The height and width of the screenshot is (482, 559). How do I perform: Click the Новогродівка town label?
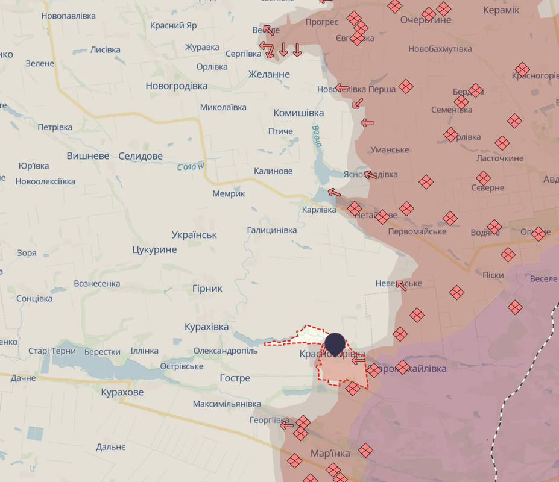[176, 86]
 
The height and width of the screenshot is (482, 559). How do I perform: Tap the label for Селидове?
[141, 156]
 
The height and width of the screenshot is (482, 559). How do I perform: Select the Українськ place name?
[194, 235]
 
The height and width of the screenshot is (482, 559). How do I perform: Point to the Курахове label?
[122, 392]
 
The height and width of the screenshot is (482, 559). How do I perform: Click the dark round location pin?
[335, 343]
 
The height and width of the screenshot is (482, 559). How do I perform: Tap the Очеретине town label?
[426, 20]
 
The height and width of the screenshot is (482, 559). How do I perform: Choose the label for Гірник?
[207, 289]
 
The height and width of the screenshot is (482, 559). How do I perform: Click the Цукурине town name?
[154, 249]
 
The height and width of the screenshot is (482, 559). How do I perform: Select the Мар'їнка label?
[330, 453]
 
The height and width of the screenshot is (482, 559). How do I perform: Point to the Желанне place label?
[269, 74]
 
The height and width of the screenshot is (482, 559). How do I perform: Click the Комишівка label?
[298, 113]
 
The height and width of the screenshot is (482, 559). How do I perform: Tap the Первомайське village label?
[417, 231]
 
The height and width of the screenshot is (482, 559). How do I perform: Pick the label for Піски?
[493, 275]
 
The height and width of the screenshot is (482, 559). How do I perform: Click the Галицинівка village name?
[272, 230]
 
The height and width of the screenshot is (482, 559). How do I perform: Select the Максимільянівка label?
[227, 403]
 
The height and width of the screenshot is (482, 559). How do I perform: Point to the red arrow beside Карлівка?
[334, 193]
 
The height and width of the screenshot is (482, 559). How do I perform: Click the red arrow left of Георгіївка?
[287, 425]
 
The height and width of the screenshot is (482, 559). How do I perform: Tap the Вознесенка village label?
[96, 283]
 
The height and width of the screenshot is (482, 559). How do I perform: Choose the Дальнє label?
[110, 447]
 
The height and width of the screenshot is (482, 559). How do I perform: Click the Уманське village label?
[390, 149]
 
